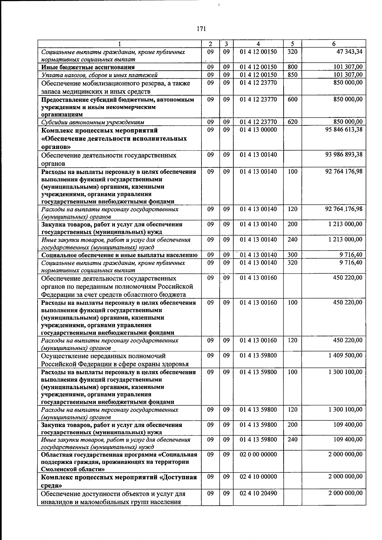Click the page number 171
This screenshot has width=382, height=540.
point(202,29)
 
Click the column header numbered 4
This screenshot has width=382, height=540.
point(258,44)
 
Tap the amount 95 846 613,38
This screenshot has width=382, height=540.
point(344,130)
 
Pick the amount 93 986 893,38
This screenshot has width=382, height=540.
point(344,155)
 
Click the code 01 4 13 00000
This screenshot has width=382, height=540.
point(258,130)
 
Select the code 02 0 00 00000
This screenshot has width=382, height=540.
point(258,454)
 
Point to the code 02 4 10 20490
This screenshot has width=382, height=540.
point(258,493)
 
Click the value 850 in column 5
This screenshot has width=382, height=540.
point(292,75)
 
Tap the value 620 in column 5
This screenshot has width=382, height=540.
point(292,122)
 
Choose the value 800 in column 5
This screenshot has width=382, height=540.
point(292,67)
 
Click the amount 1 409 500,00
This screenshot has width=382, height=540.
point(345,355)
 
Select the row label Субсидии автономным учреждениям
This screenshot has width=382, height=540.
point(93,122)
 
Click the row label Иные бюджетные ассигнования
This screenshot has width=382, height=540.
point(88,67)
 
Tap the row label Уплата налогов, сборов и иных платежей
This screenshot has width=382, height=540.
point(100,75)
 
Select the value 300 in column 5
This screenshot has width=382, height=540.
point(292,255)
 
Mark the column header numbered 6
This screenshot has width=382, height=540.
point(334,44)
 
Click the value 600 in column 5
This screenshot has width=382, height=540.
point(292,100)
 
